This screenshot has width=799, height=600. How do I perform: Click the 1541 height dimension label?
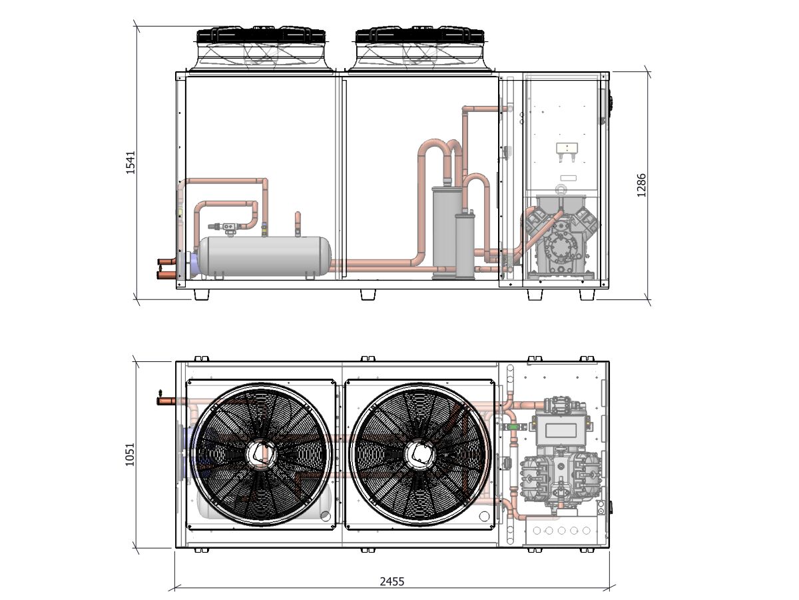[x=131, y=162]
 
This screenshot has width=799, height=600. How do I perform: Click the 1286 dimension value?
[x=641, y=185]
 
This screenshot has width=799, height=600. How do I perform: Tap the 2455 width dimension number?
[x=392, y=581]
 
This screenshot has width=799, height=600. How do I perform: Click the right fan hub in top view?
[x=418, y=454]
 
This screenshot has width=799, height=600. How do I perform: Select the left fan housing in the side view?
[x=261, y=49]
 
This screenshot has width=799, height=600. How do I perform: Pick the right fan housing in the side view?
[x=419, y=49]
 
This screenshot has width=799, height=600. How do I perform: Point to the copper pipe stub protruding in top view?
[x=163, y=401]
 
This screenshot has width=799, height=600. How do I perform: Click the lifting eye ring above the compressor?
[x=563, y=189]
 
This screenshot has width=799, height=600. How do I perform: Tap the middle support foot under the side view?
[x=368, y=294]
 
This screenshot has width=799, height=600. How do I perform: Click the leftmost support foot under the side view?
[x=201, y=294]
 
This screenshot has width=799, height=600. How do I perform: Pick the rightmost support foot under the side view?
[x=587, y=294]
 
